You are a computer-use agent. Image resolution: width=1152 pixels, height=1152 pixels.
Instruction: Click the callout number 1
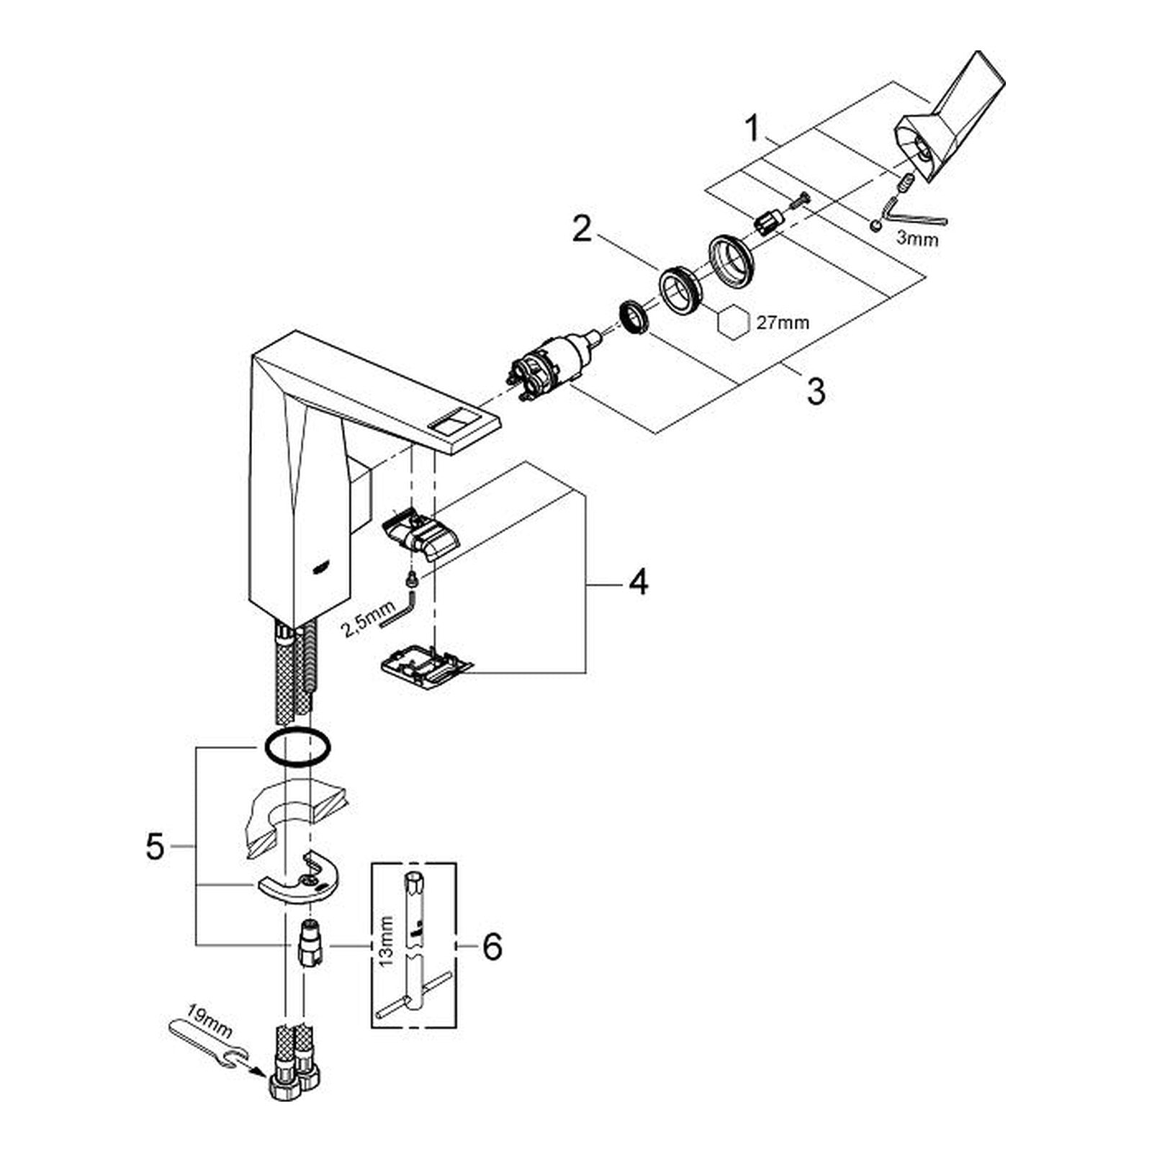click(x=752, y=130)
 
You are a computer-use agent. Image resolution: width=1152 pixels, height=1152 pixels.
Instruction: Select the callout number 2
click(x=582, y=230)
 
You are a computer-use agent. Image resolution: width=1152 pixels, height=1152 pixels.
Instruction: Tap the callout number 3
click(x=816, y=392)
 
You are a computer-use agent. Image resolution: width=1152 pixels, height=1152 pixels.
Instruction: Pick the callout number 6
click(x=492, y=947)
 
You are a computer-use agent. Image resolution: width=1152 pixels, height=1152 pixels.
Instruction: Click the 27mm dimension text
click(x=783, y=323)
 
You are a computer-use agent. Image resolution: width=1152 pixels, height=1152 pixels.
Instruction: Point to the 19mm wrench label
click(x=209, y=1020)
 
